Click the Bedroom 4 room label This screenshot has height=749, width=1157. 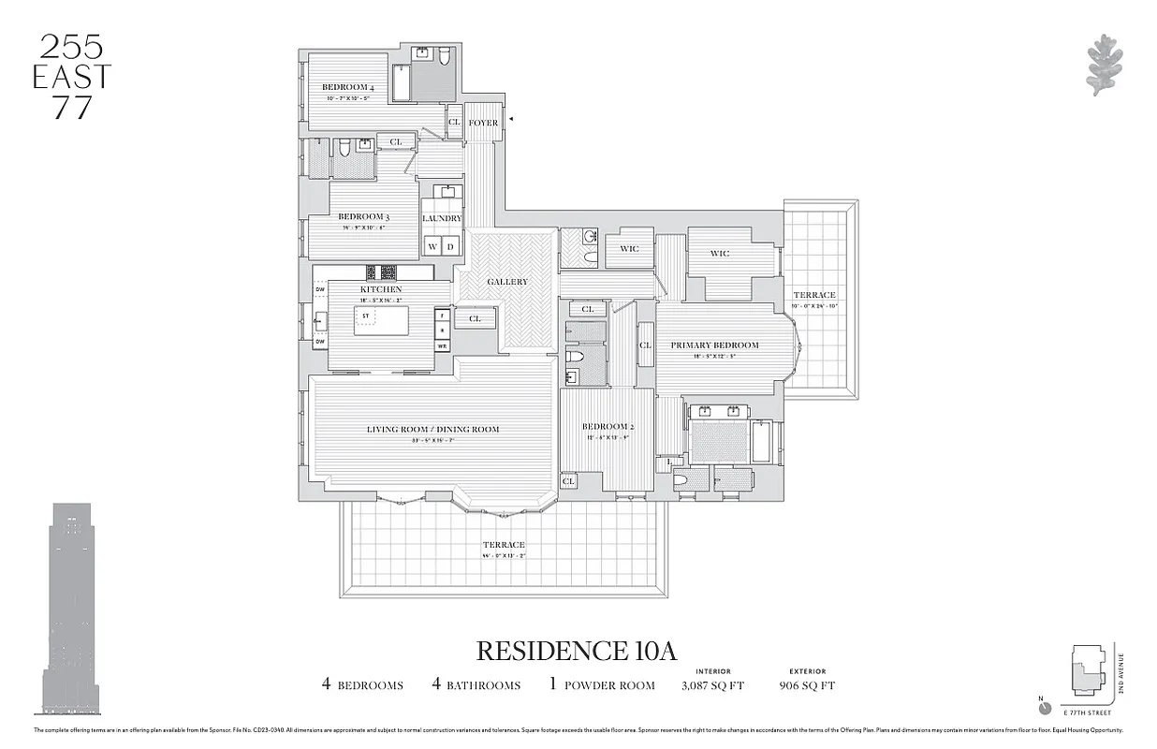coord(347,87)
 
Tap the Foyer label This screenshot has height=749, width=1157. coord(483,123)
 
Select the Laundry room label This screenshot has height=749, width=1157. coord(442,218)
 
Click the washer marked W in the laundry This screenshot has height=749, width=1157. coord(432,247)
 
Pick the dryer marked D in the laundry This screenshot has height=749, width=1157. coord(450,247)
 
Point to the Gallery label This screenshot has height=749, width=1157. coord(507,282)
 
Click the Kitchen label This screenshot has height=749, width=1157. coord(381,289)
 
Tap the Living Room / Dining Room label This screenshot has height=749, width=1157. coord(432,430)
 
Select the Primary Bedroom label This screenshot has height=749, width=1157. coord(714,345)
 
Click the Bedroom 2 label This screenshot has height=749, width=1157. coord(608,427)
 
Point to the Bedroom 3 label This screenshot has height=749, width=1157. coord(363,217)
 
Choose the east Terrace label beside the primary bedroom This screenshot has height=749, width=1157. coord(814,295)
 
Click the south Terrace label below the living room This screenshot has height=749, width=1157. coord(504,545)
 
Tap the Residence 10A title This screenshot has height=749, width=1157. coord(577,651)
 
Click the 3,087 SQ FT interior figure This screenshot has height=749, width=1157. coord(713,685)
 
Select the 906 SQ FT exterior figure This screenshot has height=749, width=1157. coord(807,685)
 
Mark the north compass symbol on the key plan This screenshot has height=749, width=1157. coord(1046,707)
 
